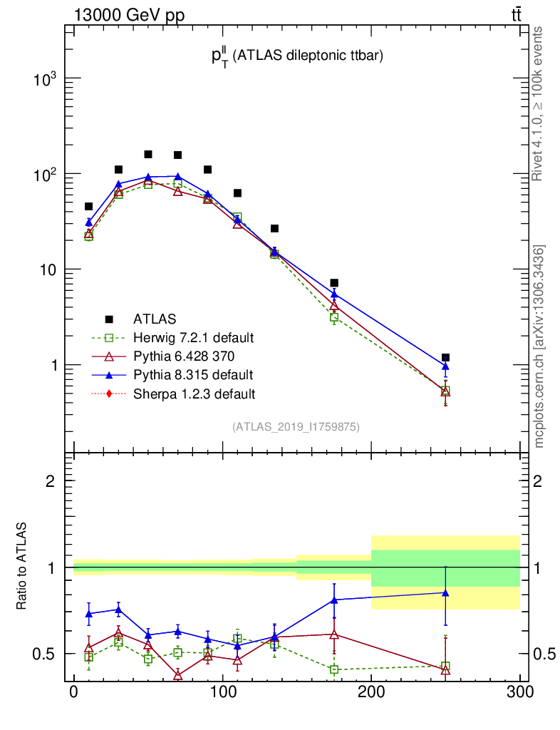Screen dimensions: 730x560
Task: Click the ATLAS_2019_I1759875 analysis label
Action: click(296, 427)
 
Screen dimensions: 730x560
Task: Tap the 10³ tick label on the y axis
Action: click(45, 79)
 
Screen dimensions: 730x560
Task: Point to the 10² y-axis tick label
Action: click(45, 175)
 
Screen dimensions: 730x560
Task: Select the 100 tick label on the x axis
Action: click(222, 691)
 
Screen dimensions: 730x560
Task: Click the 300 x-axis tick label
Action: click(519, 691)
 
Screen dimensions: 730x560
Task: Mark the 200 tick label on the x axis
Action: click(371, 691)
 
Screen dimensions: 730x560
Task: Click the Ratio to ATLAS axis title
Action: click(22, 566)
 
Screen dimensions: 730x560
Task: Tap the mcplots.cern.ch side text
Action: click(539, 346)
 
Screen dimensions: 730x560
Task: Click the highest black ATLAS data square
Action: click(148, 154)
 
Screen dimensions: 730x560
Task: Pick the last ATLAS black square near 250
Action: click(445, 357)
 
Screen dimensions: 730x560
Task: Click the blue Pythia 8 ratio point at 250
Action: click(445, 592)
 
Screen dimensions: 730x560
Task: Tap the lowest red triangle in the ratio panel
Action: click(177, 675)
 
